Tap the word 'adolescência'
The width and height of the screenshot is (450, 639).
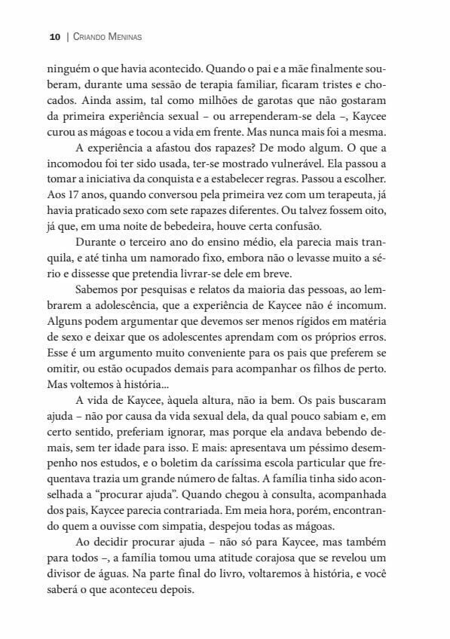pyautogui.click(x=130, y=329)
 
